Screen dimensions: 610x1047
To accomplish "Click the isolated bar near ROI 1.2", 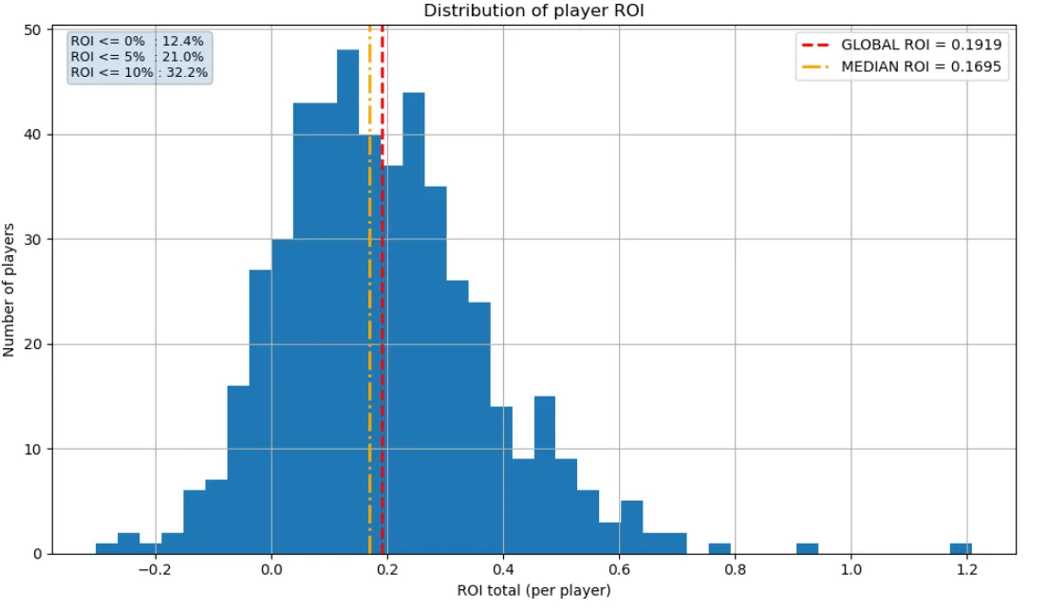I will point(961,548).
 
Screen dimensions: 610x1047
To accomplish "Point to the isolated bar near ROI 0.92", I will point(807,548).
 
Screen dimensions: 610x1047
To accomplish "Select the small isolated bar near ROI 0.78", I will point(720,548).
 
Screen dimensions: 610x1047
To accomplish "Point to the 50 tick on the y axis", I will point(31,30).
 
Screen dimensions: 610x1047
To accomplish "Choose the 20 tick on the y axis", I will point(31,344).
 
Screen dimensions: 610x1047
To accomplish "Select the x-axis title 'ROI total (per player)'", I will point(533,591).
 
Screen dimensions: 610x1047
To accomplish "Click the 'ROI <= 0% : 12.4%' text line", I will point(138,43).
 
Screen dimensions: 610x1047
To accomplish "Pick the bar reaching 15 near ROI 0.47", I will point(544,474).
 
